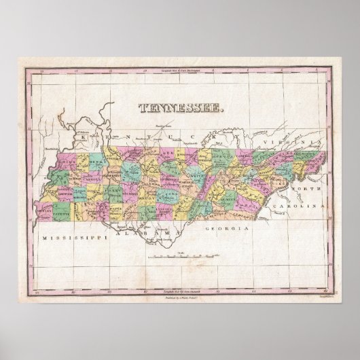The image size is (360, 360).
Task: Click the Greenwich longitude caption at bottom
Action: [180, 271]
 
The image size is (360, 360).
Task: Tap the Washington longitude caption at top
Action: [180, 70]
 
